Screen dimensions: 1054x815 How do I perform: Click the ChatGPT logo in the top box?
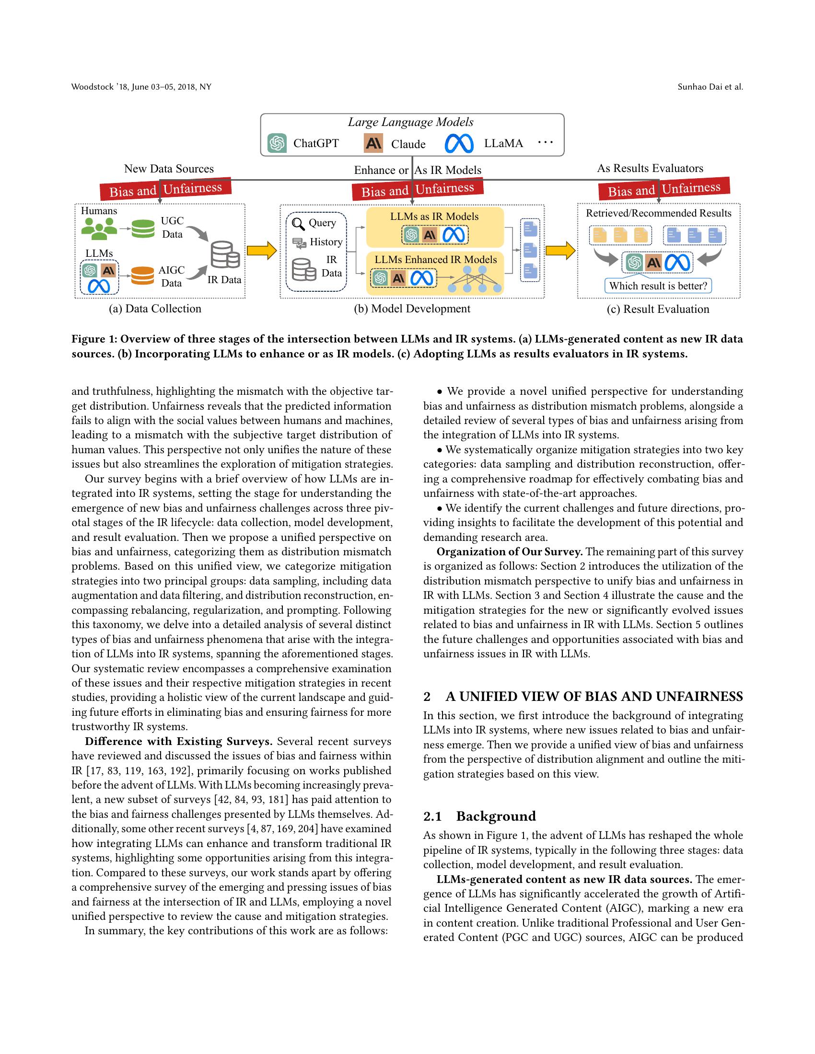(277, 143)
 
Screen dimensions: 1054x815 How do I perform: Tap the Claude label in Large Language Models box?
(408, 144)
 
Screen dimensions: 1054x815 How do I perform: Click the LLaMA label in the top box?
(503, 143)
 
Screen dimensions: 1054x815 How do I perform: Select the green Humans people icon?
(99, 229)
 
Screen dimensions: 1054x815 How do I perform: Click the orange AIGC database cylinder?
(142, 275)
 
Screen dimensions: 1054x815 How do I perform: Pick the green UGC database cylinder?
(142, 228)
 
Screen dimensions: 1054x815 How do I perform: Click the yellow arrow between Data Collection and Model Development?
(261, 251)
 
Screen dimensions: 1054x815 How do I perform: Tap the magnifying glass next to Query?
(298, 224)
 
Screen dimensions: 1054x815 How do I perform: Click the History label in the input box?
(326, 242)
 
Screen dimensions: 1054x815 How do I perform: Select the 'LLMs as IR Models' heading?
(434, 217)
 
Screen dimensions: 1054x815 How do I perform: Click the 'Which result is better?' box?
(658, 286)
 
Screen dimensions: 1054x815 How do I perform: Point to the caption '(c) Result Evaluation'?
(658, 309)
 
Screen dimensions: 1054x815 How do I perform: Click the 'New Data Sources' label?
(168, 169)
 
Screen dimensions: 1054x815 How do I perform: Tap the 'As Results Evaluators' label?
(650, 169)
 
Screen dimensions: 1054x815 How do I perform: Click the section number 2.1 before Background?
(432, 816)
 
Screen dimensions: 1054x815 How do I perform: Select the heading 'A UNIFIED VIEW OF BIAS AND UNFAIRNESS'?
(594, 697)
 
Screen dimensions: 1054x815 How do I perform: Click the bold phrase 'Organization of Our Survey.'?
(509, 551)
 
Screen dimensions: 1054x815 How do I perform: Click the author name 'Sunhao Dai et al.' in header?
(710, 87)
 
